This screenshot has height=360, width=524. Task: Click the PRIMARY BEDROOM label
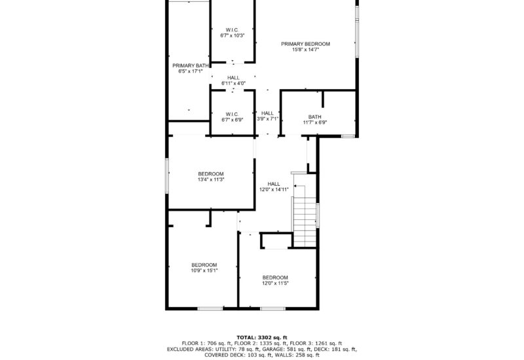pos(305,44)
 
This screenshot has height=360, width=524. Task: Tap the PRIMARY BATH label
pos(191,65)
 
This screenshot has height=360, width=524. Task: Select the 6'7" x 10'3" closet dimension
pos(232,35)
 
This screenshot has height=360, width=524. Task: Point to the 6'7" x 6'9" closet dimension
pos(232,120)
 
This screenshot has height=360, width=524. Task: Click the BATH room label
pos(315,117)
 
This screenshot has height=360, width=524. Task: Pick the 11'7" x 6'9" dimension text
pos(315,122)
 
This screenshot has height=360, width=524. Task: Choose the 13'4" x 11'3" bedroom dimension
pos(211,179)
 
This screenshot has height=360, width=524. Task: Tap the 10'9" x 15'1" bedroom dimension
pos(204,270)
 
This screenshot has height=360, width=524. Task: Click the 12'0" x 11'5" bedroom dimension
pos(275,283)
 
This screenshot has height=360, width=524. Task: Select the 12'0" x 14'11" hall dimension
pos(274,189)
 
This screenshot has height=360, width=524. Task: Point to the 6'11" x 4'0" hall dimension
pos(233,83)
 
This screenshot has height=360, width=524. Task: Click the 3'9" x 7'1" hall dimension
pos(267,118)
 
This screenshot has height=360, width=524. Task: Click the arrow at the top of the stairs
pos(296,187)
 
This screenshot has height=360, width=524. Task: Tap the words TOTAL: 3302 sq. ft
pos(261,336)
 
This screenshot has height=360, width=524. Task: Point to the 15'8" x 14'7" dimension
pos(305,49)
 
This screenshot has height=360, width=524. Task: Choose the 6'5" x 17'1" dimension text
pos(191,71)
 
